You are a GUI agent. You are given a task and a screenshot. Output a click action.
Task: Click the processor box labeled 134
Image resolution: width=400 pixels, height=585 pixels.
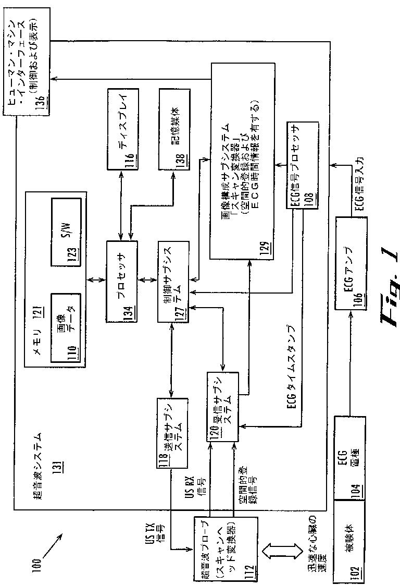pos(122,282)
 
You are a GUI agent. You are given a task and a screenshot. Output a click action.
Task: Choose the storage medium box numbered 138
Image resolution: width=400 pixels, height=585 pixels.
pos(174,128)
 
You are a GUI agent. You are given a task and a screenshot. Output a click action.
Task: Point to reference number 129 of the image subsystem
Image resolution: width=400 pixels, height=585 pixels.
pos(217,251)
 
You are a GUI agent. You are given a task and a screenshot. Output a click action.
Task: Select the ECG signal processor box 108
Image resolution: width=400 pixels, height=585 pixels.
pos(301,166)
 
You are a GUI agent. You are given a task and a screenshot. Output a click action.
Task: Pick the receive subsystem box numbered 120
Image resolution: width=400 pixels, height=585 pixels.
pos(223,407)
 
